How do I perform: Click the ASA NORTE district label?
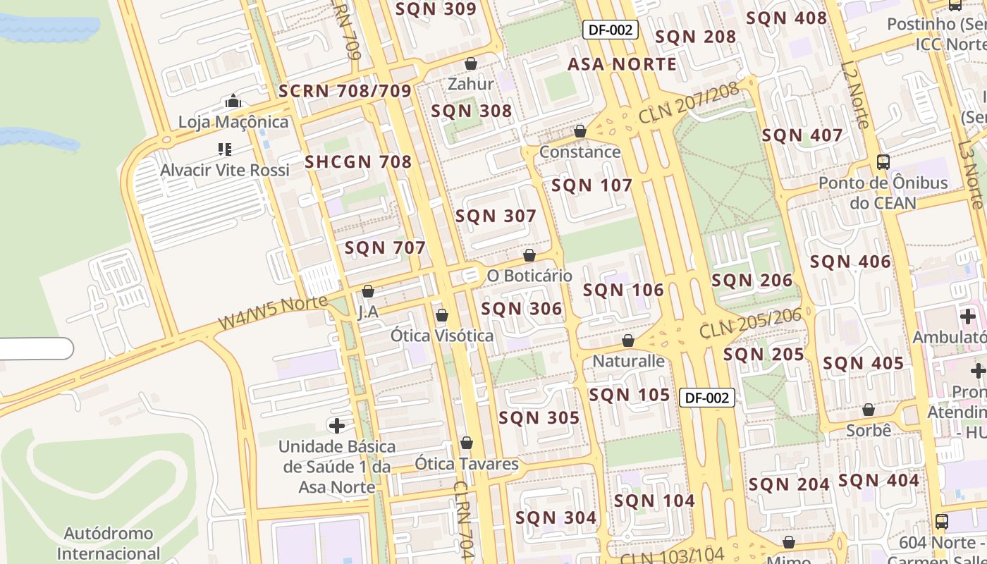[622, 64]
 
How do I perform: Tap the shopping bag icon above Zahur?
[471, 64]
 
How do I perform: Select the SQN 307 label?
[496, 216]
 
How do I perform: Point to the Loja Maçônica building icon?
[233, 102]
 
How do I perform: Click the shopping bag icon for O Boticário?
[529, 255]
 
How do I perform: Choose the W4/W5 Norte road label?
[273, 313]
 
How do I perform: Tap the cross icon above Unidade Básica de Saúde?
[337, 425]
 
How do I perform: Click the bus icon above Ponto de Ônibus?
[883, 162]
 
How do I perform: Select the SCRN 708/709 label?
[345, 91]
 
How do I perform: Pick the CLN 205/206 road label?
[750, 323]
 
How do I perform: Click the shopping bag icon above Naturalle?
[628, 341]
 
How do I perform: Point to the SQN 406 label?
[850, 262]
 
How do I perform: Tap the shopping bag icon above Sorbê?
[869, 410]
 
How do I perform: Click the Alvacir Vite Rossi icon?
[225, 149]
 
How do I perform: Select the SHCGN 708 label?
[358, 162]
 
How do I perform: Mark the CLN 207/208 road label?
[688, 104]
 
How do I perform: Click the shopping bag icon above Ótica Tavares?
[466, 443]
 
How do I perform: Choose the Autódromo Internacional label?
[109, 543]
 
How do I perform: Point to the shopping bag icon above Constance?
[580, 131]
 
